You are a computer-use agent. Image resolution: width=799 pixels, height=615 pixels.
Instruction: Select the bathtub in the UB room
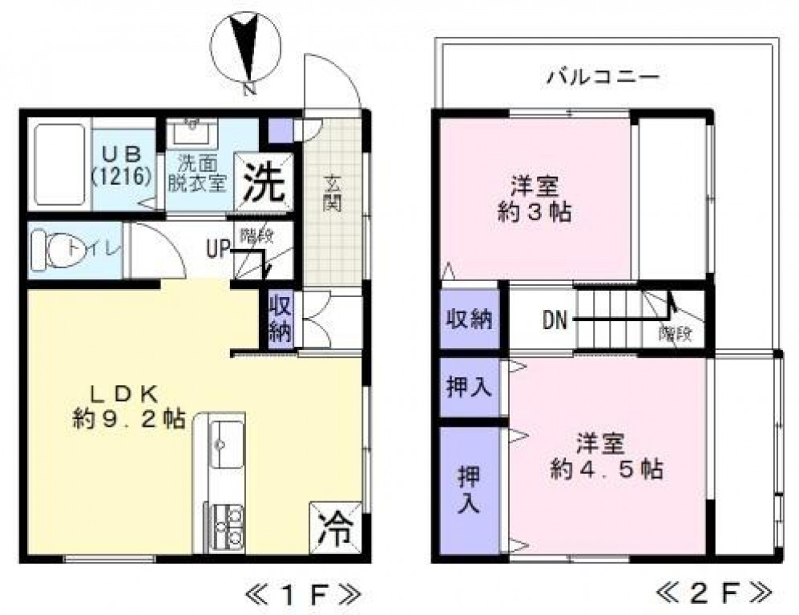[59, 164]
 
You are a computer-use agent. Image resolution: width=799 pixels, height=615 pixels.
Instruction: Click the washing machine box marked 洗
[264, 184]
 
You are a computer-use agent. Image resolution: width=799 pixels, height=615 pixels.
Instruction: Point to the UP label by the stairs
[217, 249]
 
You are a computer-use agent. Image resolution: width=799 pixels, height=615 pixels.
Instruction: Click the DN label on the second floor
[555, 320]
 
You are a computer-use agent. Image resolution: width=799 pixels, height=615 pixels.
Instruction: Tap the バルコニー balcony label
[603, 78]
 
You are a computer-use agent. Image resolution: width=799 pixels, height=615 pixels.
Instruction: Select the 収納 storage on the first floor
[279, 319]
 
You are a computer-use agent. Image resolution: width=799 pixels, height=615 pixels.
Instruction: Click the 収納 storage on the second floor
[470, 319]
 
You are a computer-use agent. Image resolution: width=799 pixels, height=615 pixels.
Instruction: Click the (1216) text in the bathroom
[122, 176]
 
